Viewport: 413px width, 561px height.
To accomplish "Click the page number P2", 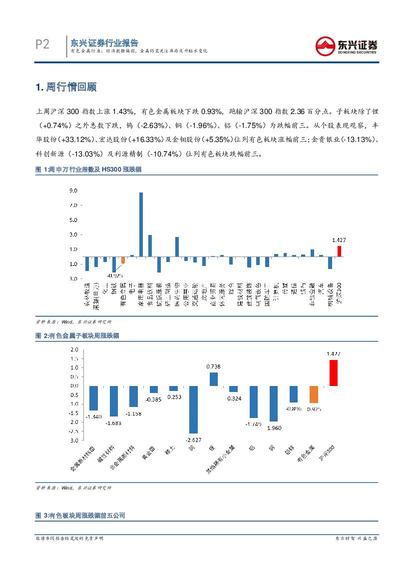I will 42,45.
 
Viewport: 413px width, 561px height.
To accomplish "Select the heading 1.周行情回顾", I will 66,87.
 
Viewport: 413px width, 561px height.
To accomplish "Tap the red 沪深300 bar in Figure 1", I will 339,251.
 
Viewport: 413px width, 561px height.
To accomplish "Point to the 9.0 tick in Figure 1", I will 73,191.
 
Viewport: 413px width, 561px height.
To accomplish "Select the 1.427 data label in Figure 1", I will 339,240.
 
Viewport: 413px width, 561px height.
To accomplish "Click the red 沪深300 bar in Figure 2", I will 334,372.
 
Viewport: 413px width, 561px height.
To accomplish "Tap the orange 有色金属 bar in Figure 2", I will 314,394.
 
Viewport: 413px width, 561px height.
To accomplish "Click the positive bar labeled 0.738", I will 214,379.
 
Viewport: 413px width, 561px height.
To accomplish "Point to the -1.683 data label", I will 114,423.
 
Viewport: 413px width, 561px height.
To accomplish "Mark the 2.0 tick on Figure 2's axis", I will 74,349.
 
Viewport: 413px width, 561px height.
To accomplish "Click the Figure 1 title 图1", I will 88,170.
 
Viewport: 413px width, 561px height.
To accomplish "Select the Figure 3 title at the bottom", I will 80,515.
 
